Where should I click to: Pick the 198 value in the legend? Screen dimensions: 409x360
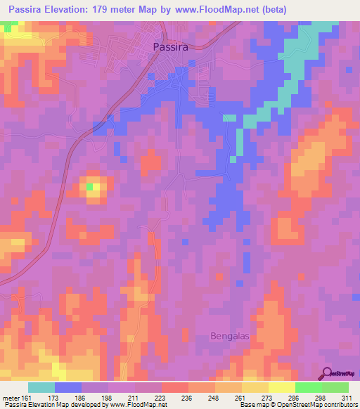[x=106, y=397]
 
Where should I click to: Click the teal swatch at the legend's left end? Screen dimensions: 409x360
[x=41, y=387]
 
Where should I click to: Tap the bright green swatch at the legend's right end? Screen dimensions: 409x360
[x=335, y=387]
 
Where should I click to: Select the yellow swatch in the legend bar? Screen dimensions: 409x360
[x=281, y=387]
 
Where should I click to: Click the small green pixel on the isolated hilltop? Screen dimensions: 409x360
[x=90, y=187]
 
